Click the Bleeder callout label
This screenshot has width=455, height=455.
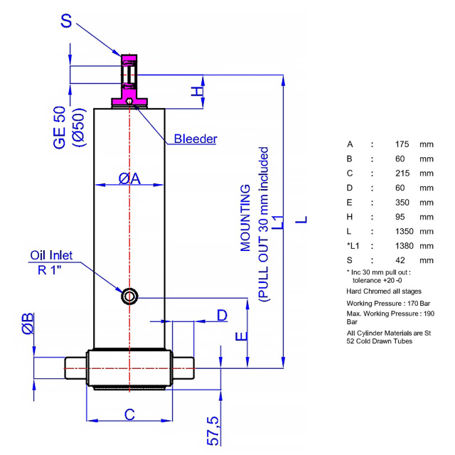pyautogui.click(x=196, y=139)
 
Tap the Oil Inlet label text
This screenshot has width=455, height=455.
pyautogui.click(x=51, y=255)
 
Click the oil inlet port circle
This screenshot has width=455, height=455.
pyautogui.click(x=129, y=296)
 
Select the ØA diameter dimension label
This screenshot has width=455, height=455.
pyautogui.click(x=129, y=178)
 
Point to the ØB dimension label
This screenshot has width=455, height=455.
pyautogui.click(x=28, y=323)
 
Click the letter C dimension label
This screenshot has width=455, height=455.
pyautogui.click(x=129, y=414)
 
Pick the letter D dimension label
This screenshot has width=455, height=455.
pyautogui.click(x=223, y=315)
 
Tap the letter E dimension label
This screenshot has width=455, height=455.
pyautogui.click(x=241, y=336)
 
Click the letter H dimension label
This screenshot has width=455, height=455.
pyautogui.click(x=197, y=92)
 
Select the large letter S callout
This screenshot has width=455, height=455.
pyautogui.click(x=66, y=21)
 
